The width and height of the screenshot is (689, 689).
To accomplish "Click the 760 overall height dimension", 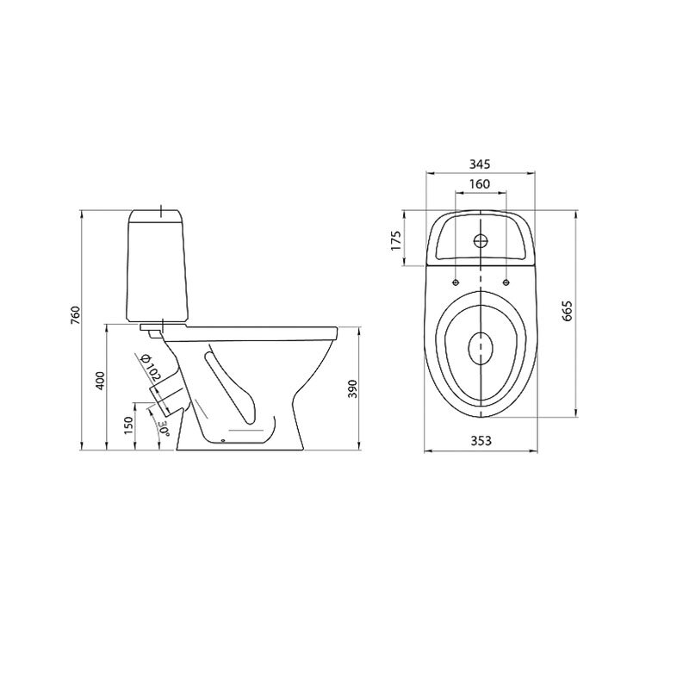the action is point(76,315).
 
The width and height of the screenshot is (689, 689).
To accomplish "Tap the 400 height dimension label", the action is point(101,381).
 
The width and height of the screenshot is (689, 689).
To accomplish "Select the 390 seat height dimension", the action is point(353,389).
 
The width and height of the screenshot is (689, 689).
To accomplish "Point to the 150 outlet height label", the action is point(127,425).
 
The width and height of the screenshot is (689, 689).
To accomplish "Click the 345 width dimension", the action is point(480,164).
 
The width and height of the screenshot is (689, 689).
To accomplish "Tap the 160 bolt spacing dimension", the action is point(480,183).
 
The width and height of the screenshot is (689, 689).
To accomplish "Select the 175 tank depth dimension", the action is point(396,240).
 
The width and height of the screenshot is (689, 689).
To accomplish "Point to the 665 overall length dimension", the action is point(567,311).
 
